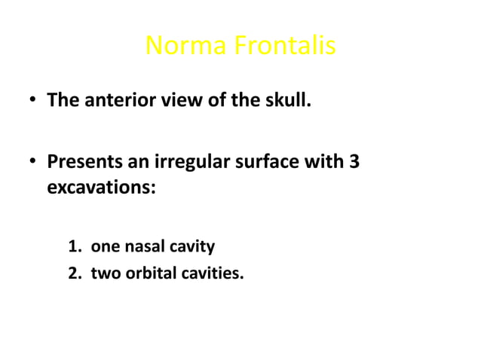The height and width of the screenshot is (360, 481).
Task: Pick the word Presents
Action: coord(81,162)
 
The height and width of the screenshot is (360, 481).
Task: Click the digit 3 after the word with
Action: coord(352,162)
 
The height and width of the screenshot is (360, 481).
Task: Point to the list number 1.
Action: coord(74,246)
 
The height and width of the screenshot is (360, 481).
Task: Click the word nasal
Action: coord(142,246)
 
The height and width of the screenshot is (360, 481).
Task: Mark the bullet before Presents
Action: coord(32,163)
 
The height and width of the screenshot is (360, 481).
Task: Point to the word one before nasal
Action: coord(103,247)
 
